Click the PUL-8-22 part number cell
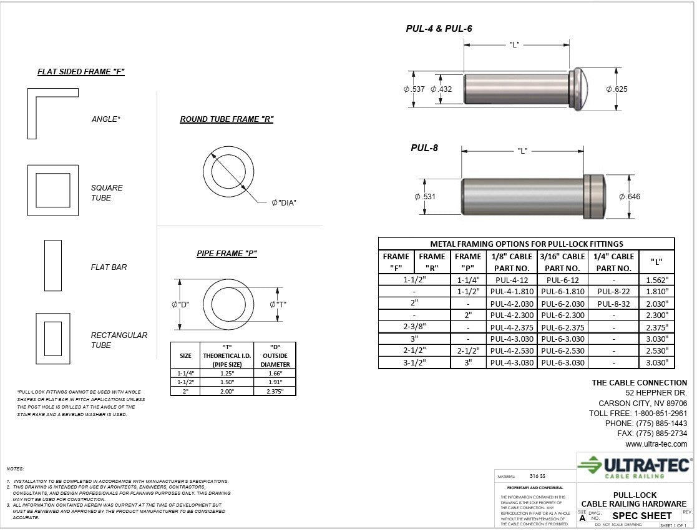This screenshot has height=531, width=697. tap(613, 292)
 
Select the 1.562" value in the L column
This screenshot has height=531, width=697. tap(656, 280)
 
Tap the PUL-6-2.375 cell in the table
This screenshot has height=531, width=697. tap(562, 327)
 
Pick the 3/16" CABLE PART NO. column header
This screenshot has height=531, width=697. tap(562, 262)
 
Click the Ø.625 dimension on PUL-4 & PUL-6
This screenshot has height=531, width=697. tap(617, 89)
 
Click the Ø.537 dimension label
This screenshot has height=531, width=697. tap(414, 89)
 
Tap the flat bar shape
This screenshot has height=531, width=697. tap(53, 265)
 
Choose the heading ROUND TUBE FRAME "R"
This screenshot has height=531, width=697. tap(227, 119)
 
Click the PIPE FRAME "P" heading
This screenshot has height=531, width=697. tap(227, 254)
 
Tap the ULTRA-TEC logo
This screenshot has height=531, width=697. tap(635, 467)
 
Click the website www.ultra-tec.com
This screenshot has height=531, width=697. tap(656, 444)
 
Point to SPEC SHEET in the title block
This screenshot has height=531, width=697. tap(642, 516)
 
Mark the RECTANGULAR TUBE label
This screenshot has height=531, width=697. tap(119, 340)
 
